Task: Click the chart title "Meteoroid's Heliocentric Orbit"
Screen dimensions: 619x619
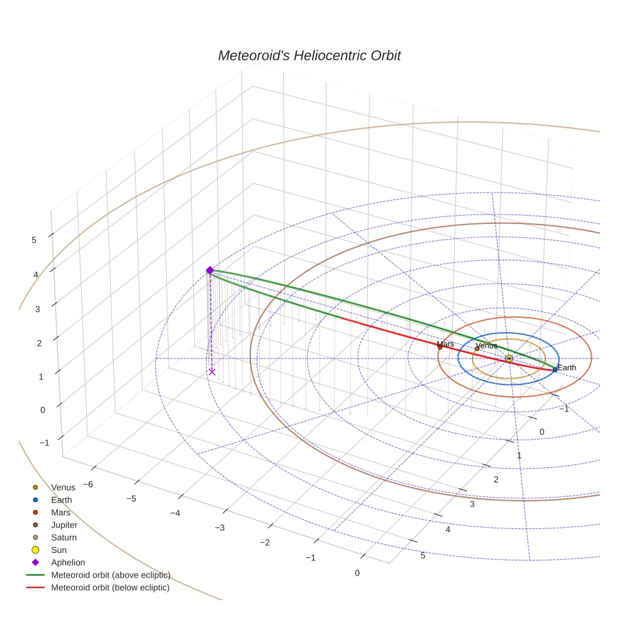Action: pos(309,56)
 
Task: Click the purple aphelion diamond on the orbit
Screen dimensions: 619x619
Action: pos(210,270)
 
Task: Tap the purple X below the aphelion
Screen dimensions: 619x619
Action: pos(212,372)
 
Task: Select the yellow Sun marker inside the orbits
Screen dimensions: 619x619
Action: pos(509,359)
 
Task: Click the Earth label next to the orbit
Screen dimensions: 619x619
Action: pos(566,368)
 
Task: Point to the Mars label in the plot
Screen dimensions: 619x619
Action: pos(445,344)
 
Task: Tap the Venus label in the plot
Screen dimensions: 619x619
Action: pos(486,346)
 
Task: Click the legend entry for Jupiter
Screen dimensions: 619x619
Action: pos(64,525)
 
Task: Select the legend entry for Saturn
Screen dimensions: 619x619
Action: pos(64,537)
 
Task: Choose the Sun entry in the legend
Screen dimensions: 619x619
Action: pos(59,550)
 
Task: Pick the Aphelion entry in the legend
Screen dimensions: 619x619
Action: pos(68,562)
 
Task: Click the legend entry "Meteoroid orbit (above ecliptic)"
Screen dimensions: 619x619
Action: pos(110,575)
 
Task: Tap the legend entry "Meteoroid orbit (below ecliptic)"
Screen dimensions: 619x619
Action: pos(110,588)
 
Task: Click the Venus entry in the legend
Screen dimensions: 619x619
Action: pos(63,487)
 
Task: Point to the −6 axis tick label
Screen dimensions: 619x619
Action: pos(87,484)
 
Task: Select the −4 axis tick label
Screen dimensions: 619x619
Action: pos(176,513)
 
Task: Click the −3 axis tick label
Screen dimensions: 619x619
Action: pos(220,527)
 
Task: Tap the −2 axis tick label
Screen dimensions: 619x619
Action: pos(265,543)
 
